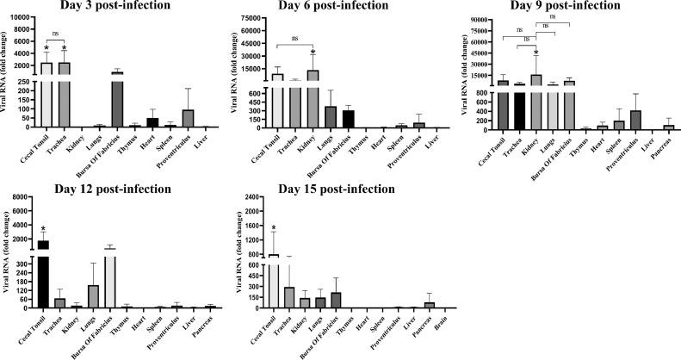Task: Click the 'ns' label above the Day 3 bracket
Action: pos(55,34)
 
